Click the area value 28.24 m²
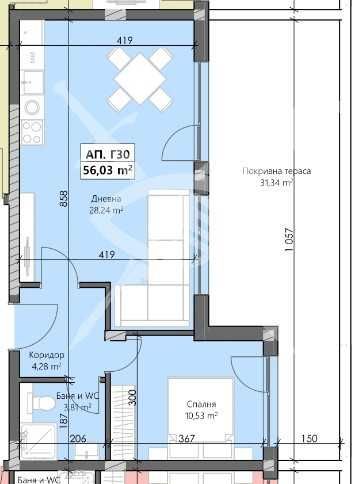point(106,211)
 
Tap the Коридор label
point(47,355)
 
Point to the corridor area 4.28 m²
point(47,367)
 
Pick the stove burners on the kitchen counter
point(30,129)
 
